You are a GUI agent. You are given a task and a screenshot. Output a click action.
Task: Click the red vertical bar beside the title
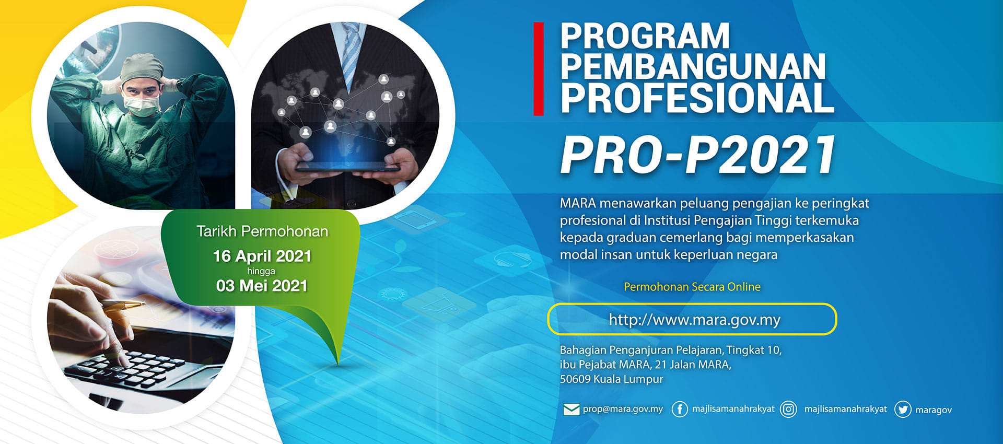tap(539, 68)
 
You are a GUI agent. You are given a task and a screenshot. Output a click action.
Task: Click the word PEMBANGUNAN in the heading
tap(693, 67)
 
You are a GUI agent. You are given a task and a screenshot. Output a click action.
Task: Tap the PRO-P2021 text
tap(698, 155)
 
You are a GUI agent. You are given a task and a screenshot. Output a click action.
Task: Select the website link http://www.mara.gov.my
tap(694, 319)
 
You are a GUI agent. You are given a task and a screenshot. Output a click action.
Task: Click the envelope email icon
tap(572, 409)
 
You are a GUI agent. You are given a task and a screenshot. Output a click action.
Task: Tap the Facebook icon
tap(679, 409)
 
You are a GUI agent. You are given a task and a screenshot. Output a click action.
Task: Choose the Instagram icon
tap(788, 409)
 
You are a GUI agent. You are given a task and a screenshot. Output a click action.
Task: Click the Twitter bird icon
tap(903, 410)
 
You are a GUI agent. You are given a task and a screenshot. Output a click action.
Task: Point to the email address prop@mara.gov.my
tap(623, 409)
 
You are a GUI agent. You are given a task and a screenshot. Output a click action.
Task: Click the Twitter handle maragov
tap(934, 410)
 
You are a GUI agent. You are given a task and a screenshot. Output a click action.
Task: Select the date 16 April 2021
tap(262, 256)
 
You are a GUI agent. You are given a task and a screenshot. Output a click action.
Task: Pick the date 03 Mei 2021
tap(262, 286)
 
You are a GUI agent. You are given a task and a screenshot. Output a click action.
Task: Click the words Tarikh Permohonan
tap(262, 231)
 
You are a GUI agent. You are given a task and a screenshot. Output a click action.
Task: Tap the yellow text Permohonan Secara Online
tap(692, 286)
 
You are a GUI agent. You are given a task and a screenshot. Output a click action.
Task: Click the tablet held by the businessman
tap(348, 167)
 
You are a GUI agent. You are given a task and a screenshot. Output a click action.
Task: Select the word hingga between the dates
tap(261, 271)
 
